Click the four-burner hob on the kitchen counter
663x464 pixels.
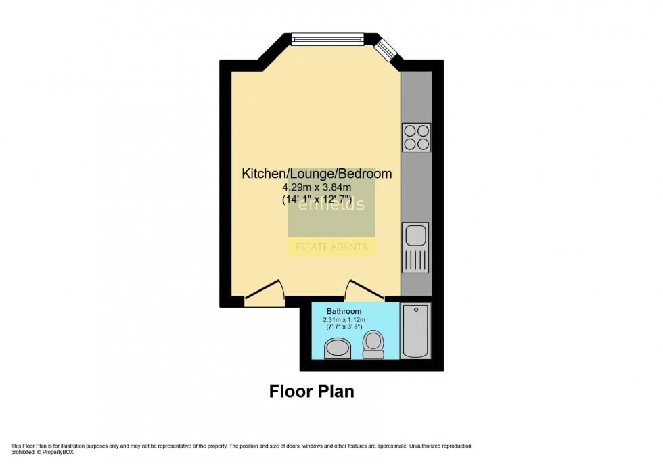tap(416, 137)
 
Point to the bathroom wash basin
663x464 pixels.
tap(338, 348)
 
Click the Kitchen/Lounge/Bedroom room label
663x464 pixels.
tap(317, 174)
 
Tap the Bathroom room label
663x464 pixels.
tap(344, 312)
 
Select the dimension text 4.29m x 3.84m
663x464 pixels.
tap(317, 187)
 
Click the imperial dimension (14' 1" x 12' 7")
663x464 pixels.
tap(317, 200)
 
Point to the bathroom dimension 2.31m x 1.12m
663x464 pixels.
tap(344, 320)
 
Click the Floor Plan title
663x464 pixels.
tap(312, 391)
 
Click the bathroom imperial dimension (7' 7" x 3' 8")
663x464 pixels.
tap(344, 327)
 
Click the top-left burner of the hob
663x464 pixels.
tap(410, 131)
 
